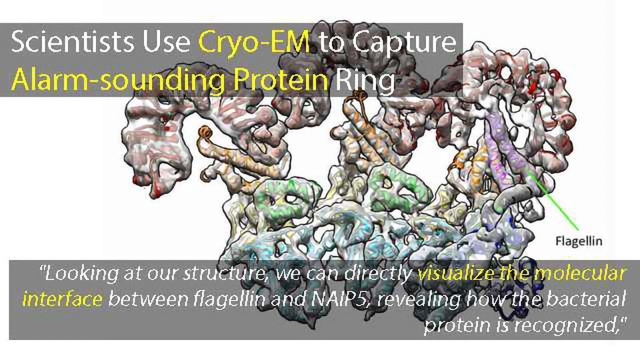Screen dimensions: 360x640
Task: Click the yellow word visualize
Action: point(455,274)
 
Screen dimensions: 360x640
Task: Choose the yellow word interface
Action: point(62,298)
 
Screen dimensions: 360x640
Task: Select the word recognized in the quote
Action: point(563,323)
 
